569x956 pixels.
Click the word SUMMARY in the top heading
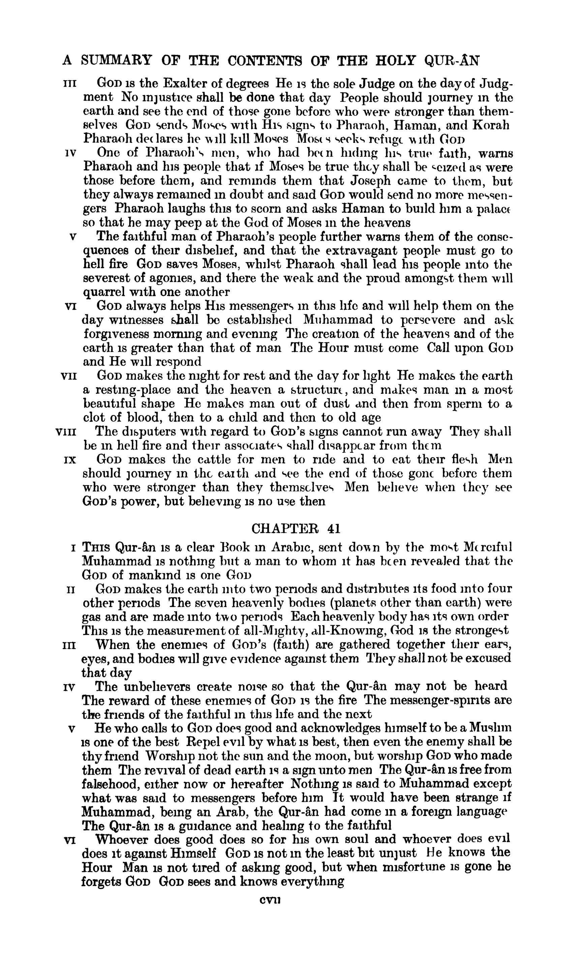(x=116, y=60)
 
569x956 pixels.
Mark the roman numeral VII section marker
(x=69, y=376)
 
